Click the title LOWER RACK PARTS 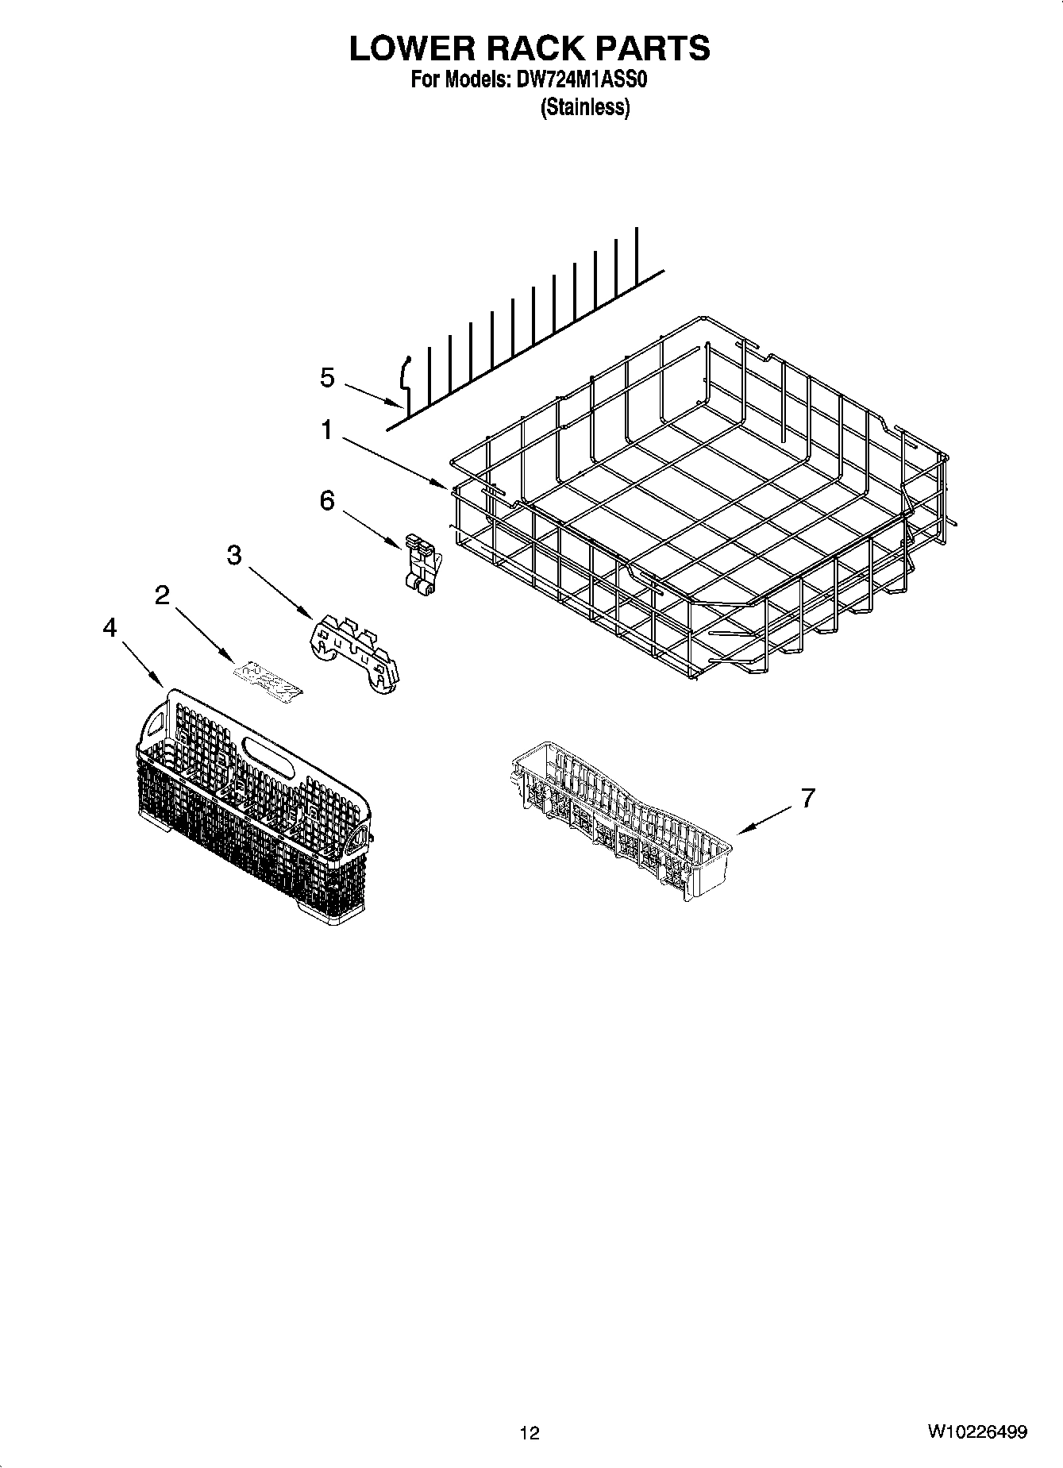(530, 48)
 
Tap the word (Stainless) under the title (585, 107)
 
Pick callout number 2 (162, 594)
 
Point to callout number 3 (233, 555)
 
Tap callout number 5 (327, 377)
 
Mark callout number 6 (327, 500)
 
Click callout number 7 (807, 798)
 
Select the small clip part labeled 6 (420, 562)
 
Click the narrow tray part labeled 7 (619, 818)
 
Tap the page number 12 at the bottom (530, 1432)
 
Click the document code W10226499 (976, 1432)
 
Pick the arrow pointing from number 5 (374, 393)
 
